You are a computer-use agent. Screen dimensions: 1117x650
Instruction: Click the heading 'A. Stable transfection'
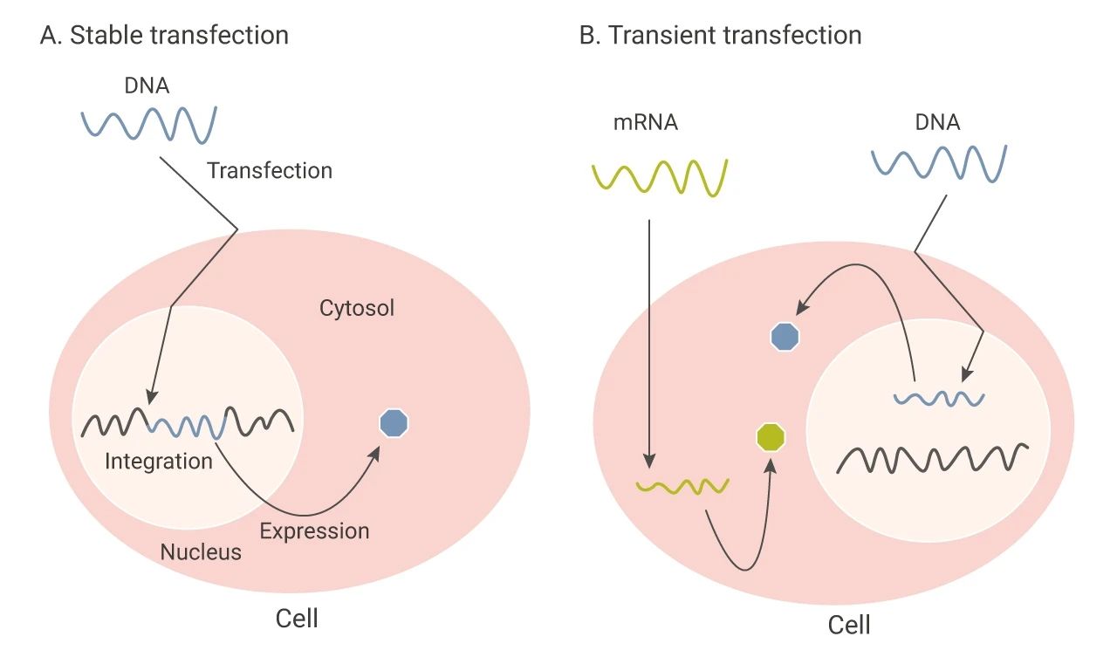164,36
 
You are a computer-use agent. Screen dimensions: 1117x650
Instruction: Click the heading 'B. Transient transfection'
721,36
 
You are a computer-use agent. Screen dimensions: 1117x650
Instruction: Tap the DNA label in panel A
147,86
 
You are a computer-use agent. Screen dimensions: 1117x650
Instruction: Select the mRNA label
645,123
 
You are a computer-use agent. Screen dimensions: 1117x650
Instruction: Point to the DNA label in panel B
937,123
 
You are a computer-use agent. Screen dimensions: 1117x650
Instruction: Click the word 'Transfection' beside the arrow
270,170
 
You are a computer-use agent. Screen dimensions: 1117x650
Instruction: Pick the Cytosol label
357,308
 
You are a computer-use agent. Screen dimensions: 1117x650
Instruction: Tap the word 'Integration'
159,461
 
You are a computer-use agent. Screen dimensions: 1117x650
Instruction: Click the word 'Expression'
315,531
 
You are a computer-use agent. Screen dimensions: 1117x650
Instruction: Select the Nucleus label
201,552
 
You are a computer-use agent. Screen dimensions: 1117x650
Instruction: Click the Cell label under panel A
297,619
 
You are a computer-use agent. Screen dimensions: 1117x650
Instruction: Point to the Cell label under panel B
849,625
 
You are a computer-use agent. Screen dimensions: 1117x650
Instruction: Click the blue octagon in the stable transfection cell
394,423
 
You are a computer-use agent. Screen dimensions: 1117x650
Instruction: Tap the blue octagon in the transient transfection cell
785,337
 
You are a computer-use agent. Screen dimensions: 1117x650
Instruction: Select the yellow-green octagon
771,437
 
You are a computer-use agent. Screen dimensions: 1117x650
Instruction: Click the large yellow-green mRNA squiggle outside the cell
660,178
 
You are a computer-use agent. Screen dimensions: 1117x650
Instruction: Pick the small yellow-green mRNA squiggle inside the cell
682,487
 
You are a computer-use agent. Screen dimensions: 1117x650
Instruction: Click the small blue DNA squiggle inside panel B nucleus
939,399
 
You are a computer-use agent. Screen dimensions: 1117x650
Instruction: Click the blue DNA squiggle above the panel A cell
149,125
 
